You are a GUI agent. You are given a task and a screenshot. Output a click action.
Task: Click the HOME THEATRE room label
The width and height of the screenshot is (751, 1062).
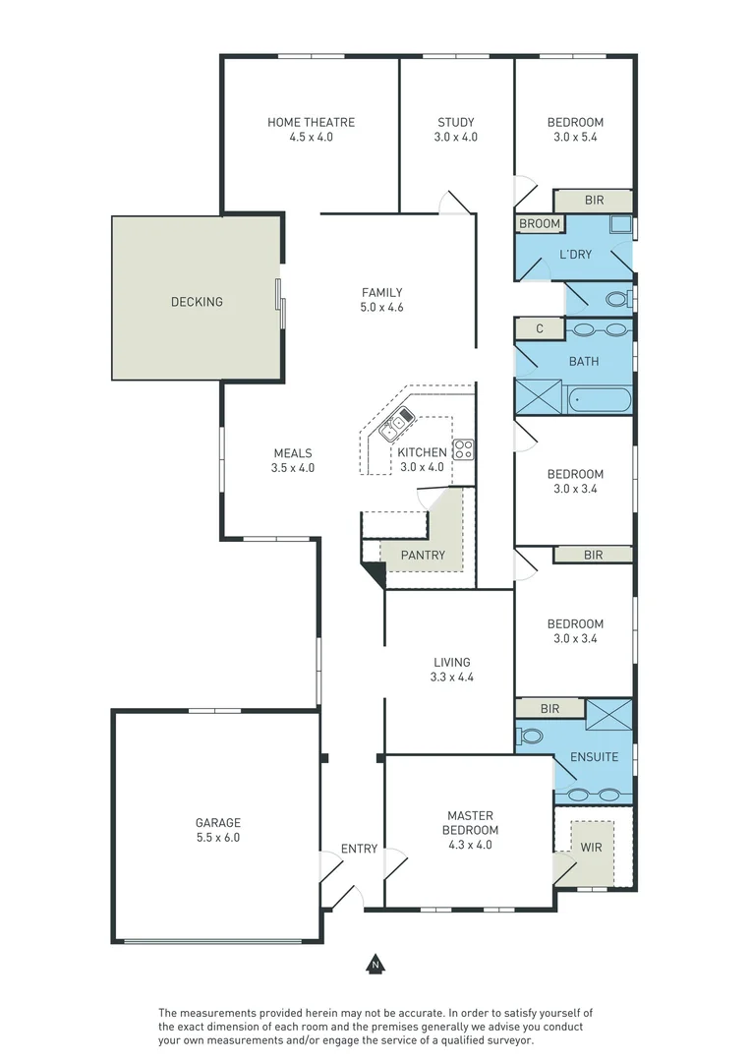[311, 122]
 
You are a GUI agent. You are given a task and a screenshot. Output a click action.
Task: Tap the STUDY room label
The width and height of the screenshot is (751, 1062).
[455, 122]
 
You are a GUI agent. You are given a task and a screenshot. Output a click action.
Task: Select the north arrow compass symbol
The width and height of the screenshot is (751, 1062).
[374, 964]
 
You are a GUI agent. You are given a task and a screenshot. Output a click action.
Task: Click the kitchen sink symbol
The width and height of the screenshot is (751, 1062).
[397, 426]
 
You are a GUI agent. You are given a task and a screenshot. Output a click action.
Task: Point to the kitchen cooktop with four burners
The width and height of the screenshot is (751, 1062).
[463, 450]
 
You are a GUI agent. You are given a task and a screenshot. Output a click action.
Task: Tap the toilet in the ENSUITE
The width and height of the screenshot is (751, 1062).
[531, 736]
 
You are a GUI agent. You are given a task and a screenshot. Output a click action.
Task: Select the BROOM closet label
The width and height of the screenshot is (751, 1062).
[540, 224]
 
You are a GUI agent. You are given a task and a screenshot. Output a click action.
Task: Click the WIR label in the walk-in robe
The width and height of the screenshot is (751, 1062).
[592, 847]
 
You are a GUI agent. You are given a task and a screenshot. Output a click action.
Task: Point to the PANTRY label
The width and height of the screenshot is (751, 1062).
[423, 556]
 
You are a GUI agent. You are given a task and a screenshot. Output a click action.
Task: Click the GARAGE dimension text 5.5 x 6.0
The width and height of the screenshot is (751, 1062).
[217, 838]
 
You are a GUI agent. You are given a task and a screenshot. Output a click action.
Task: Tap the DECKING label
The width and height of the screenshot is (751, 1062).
[197, 302]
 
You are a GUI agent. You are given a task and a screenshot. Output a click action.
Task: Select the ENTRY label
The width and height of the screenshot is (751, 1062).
[359, 849]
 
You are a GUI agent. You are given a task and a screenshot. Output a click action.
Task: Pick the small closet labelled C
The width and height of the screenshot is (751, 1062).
[540, 329]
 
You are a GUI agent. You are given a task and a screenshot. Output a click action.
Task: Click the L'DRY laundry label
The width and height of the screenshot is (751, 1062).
[575, 255]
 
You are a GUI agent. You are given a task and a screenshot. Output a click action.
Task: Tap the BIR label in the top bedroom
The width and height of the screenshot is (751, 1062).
[594, 201]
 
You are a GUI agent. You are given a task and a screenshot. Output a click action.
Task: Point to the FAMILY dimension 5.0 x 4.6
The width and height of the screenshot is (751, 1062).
[382, 307]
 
